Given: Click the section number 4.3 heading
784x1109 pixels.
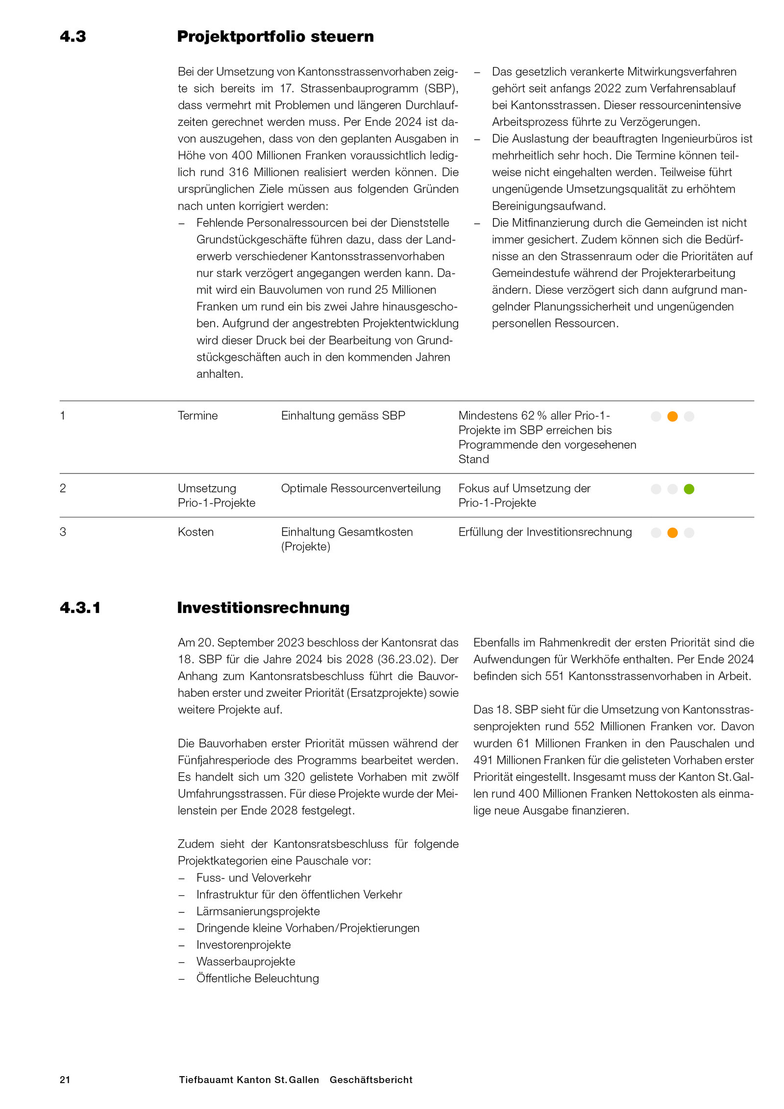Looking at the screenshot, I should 73,37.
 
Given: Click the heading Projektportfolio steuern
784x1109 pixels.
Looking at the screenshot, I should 275,37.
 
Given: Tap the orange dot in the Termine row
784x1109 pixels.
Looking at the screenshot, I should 672,416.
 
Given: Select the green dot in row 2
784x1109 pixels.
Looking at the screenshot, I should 688,489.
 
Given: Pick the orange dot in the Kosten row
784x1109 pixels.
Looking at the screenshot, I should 672,532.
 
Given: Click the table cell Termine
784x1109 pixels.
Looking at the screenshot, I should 197,416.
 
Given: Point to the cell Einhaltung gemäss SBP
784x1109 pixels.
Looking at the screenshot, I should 343,416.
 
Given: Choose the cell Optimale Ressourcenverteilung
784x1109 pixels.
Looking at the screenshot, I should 360,488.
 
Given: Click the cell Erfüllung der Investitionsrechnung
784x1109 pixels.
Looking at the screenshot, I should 545,532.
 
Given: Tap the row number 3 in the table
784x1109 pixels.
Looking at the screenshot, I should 63,532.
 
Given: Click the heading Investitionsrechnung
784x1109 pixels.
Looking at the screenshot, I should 263,608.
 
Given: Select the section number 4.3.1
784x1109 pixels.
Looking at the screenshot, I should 80,608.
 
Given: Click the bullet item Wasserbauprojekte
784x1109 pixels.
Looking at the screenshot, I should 245,961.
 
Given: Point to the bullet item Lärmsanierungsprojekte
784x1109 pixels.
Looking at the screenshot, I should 258,911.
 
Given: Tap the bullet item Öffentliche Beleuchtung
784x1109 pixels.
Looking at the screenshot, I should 257,978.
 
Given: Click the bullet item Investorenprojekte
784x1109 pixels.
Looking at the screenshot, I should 244,944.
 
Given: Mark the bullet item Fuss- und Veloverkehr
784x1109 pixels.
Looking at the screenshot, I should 253,878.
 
